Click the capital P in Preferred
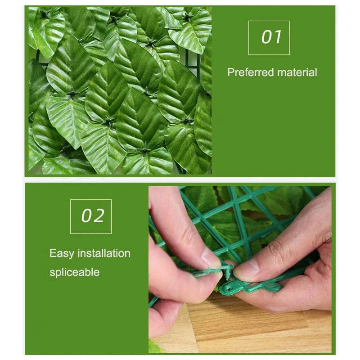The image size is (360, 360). tap(230, 72)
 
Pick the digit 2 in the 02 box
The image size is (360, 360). tap(99, 216)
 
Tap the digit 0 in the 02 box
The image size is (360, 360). tap(86, 216)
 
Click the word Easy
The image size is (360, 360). tap(62, 253)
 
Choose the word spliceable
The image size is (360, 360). tap(74, 272)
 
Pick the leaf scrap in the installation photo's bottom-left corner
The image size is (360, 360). tap(154, 347)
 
